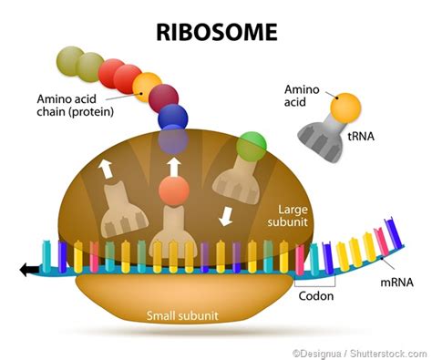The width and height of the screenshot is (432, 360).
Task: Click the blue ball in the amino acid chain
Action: click(x=172, y=117)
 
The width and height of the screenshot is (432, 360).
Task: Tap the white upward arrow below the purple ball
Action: click(x=172, y=167)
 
